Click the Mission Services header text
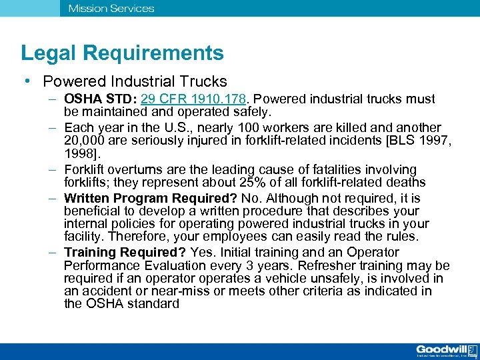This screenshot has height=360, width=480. point(111,9)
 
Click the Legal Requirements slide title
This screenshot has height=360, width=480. point(122,53)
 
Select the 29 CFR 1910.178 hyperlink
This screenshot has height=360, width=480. point(197,99)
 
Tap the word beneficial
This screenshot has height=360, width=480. point(94,211)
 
